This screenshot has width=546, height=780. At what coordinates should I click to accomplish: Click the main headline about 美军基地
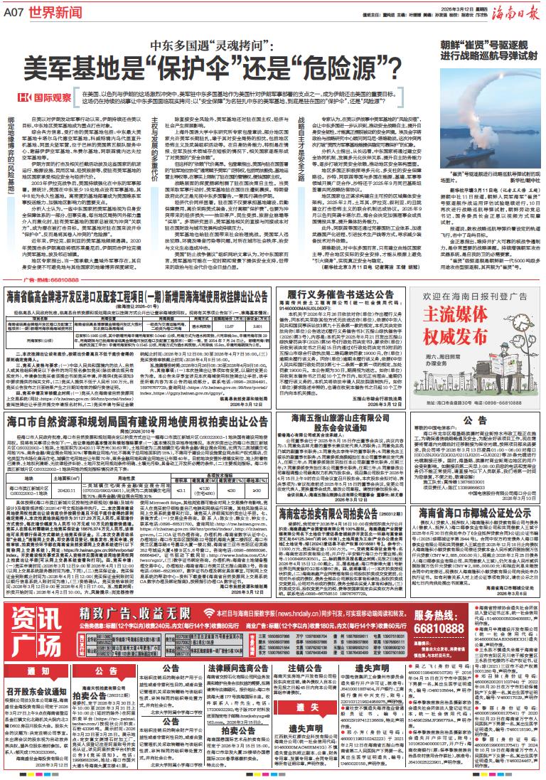point(213,69)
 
